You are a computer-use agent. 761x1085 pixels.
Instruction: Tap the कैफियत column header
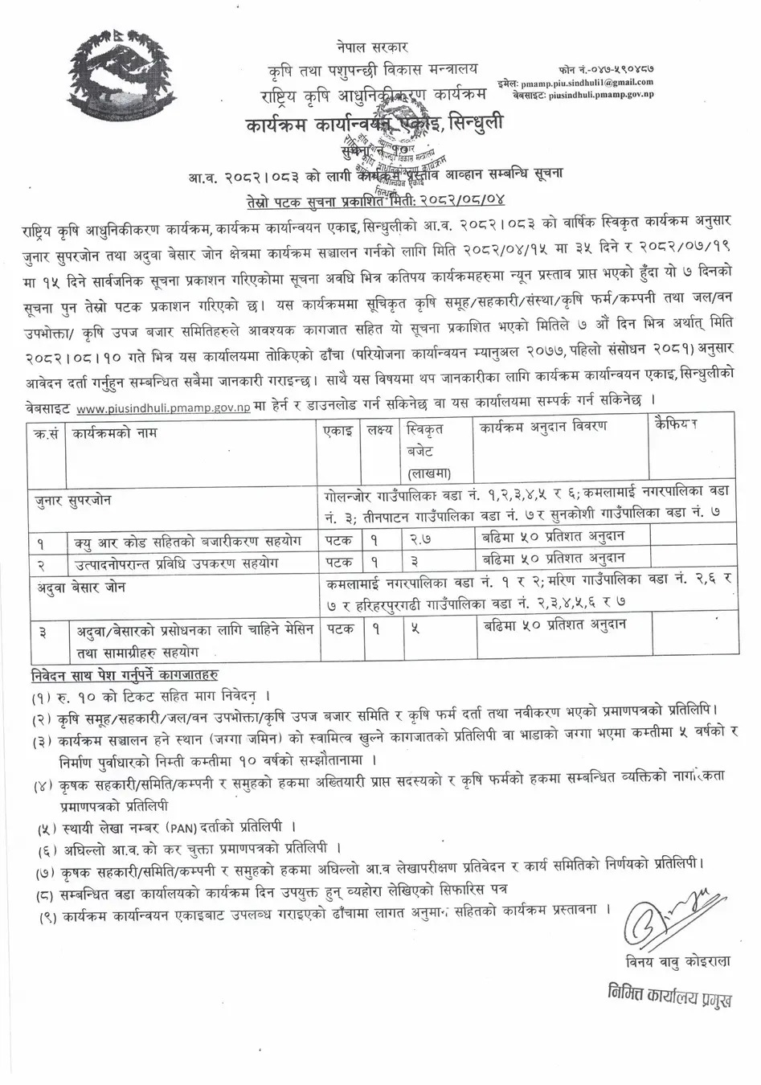(676, 424)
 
